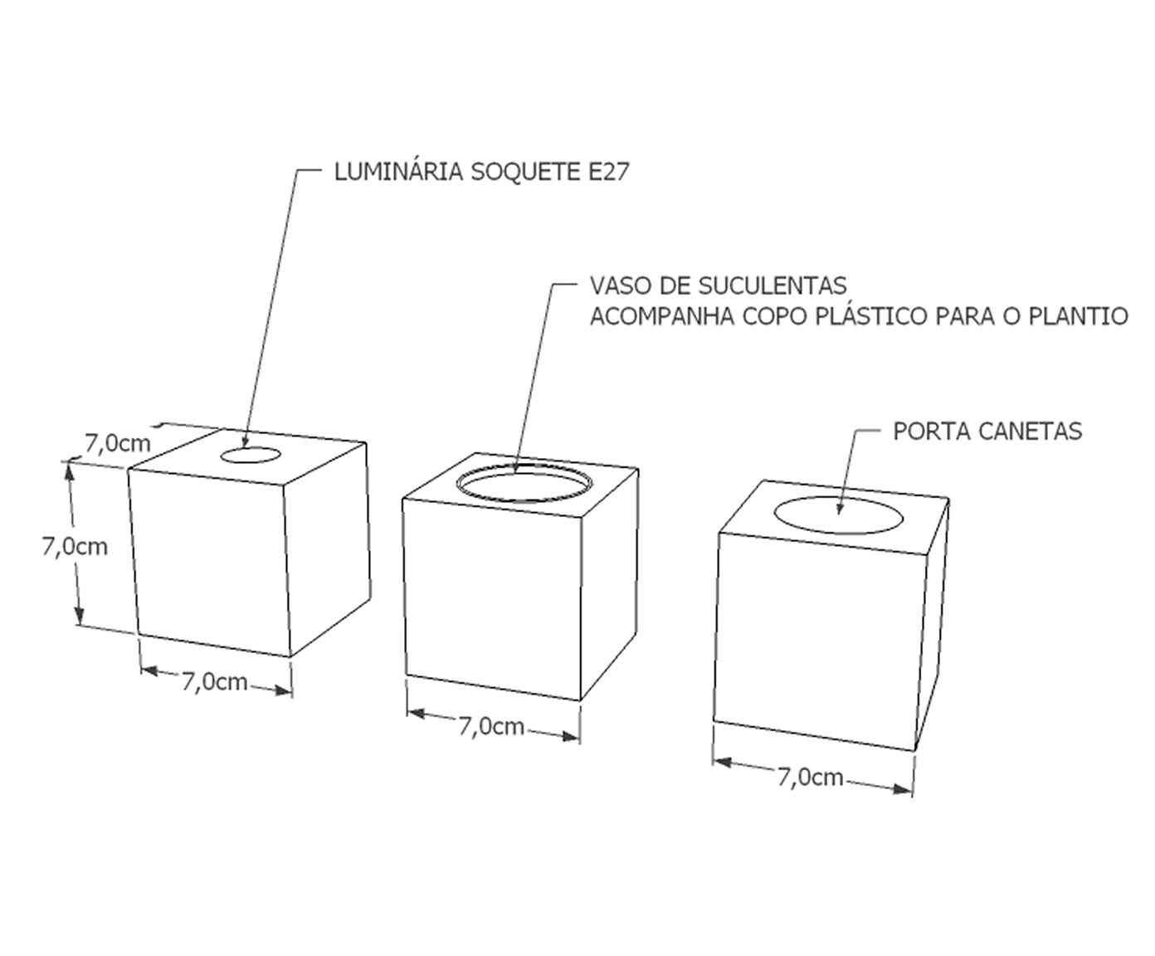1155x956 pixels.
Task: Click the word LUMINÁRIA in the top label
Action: pos(398,172)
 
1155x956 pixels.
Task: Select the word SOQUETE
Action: pos(525,172)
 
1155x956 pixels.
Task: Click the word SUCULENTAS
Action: pos(772,285)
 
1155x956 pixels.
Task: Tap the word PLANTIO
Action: pos(1078,316)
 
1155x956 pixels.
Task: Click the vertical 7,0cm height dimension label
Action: pos(75,547)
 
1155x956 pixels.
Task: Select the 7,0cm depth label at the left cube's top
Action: pos(117,443)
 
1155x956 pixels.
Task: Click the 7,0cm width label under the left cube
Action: pos(215,682)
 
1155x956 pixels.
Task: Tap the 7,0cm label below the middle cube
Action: pos(491,726)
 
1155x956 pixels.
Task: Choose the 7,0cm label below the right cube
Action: pos(811,778)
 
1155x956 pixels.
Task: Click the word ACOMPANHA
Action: pos(661,316)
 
